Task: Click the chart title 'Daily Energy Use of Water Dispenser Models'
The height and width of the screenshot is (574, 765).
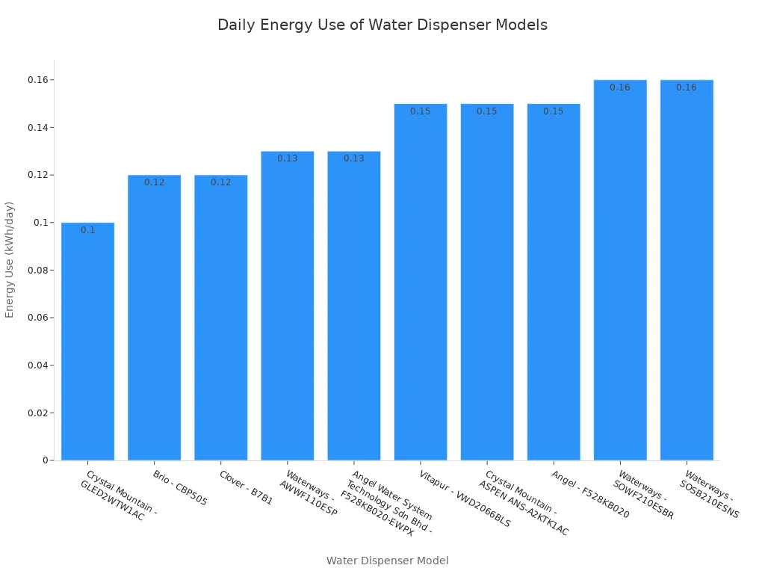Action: pyautogui.click(x=382, y=25)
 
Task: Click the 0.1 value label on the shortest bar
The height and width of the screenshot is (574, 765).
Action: pyautogui.click(x=87, y=230)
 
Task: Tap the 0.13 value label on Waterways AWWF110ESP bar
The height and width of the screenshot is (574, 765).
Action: pyautogui.click(x=287, y=158)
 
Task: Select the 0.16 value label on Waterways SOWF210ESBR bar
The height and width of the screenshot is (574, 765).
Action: pyautogui.click(x=620, y=87)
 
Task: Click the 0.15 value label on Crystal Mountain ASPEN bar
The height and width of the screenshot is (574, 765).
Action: pyautogui.click(x=487, y=111)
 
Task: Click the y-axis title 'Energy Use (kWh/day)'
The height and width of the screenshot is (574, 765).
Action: pyautogui.click(x=10, y=259)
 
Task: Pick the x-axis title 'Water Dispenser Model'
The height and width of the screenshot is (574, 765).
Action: pyautogui.click(x=387, y=561)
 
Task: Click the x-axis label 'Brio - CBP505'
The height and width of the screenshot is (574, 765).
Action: pyautogui.click(x=179, y=488)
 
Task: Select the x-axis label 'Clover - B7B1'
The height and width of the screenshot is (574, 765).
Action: pyautogui.click(x=246, y=487)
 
